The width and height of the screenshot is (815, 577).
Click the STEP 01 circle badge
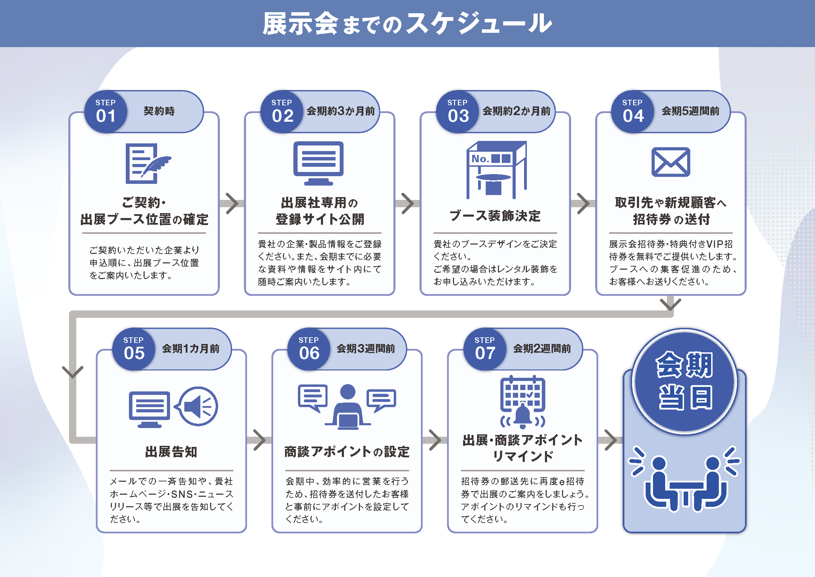click(106, 112)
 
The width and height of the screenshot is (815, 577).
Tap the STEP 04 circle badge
click(632, 112)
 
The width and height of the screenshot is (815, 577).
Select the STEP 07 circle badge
click(485, 349)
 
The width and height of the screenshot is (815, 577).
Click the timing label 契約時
click(159, 111)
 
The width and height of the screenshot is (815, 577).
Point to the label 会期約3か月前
click(341, 111)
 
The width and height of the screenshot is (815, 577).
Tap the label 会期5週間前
click(690, 111)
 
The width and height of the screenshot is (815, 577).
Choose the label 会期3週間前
click(366, 349)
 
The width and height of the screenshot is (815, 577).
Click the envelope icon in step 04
click(670, 162)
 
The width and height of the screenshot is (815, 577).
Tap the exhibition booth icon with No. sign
click(496, 170)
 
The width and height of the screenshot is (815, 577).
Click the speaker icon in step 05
click(198, 406)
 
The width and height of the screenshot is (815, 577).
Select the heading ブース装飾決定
click(495, 216)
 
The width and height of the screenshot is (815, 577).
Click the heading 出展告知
click(171, 452)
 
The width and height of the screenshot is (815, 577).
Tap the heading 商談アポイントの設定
click(347, 452)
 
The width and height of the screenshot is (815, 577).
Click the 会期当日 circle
click(684, 381)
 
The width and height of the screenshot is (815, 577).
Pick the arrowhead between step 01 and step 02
click(232, 204)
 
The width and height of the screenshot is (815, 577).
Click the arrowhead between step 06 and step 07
click(436, 440)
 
